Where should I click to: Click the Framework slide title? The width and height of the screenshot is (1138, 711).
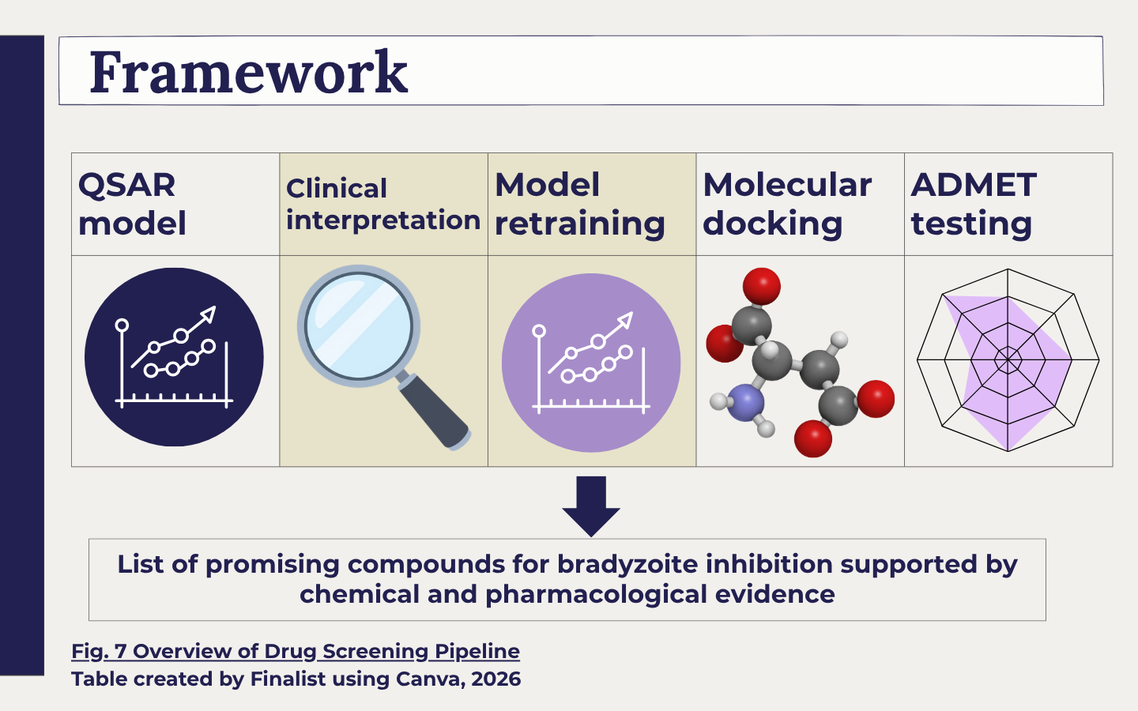pyautogui.click(x=248, y=72)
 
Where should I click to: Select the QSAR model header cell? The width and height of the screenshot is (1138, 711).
pyautogui.click(x=175, y=204)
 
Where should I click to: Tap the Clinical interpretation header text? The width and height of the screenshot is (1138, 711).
pyautogui.click(x=383, y=204)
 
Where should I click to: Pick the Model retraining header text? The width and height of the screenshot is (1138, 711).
pyautogui.click(x=580, y=204)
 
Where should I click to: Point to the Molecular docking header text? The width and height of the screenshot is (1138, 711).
pyautogui.click(x=787, y=204)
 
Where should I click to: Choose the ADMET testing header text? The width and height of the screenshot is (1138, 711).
pyautogui.click(x=974, y=204)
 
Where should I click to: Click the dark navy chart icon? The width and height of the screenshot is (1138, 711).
pyautogui.click(x=174, y=357)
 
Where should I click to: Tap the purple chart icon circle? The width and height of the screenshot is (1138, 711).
pyautogui.click(x=591, y=363)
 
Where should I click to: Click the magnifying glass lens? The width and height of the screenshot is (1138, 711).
pyautogui.click(x=359, y=326)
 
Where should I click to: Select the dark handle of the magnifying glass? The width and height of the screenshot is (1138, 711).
pyautogui.click(x=435, y=412)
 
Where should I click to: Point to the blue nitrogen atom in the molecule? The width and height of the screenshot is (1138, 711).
pyautogui.click(x=746, y=402)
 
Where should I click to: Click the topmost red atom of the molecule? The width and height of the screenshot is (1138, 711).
pyautogui.click(x=762, y=287)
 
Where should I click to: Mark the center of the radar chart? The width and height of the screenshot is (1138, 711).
pyautogui.click(x=1008, y=359)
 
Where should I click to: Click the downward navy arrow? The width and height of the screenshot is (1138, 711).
pyautogui.click(x=591, y=506)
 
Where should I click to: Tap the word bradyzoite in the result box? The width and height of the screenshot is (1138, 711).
pyautogui.click(x=628, y=564)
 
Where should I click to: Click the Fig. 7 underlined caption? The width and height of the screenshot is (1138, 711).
pyautogui.click(x=296, y=651)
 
